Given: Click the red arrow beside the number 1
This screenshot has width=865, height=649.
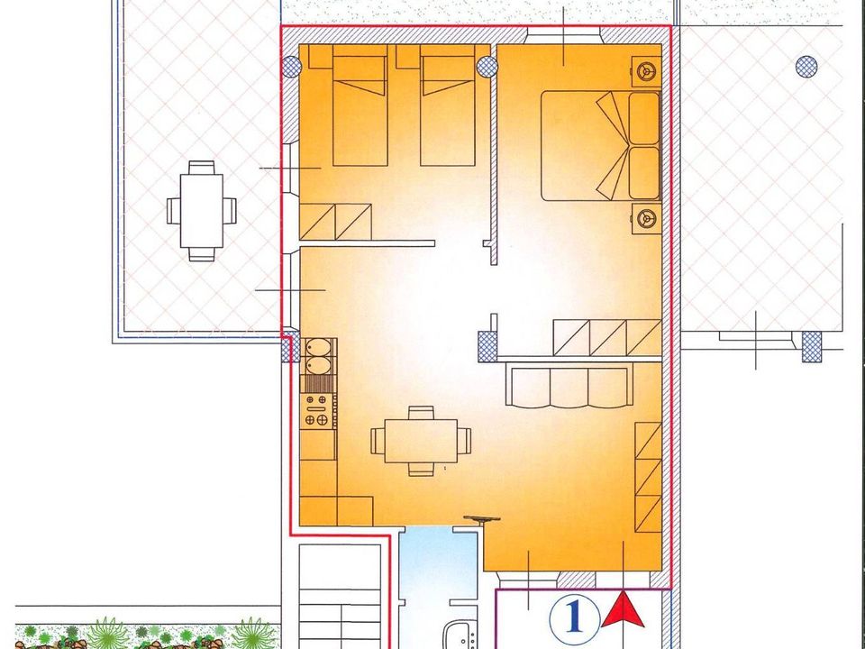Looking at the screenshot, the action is (623, 611).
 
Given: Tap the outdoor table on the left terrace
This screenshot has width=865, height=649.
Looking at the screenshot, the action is (201, 211).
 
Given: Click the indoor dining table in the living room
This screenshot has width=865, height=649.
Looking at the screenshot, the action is (421, 441).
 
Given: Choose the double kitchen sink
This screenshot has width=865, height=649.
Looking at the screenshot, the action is (318, 356).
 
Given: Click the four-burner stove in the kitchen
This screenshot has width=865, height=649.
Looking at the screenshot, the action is (317, 411).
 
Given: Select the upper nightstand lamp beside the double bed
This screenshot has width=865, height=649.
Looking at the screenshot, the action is (646, 71).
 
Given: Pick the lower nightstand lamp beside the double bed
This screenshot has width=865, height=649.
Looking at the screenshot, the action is (646, 218).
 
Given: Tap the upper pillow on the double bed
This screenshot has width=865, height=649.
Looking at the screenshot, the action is (644, 119).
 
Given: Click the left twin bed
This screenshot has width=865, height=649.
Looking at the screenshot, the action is (360, 105).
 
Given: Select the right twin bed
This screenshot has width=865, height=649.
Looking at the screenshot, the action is (448, 105).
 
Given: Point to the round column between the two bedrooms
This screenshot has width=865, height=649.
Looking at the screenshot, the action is (487, 67).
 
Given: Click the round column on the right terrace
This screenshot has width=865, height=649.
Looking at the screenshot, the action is (806, 67).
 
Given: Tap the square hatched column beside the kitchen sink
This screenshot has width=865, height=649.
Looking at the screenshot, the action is (291, 346).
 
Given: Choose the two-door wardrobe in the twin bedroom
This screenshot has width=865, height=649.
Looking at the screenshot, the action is (335, 222).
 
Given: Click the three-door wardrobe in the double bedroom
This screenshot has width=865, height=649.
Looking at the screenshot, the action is (606, 338).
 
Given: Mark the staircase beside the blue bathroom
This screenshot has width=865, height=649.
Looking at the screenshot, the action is (340, 596).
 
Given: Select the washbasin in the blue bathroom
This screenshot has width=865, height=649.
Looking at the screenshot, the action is (460, 635).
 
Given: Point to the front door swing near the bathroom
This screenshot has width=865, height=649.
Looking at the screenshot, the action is (481, 520).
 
